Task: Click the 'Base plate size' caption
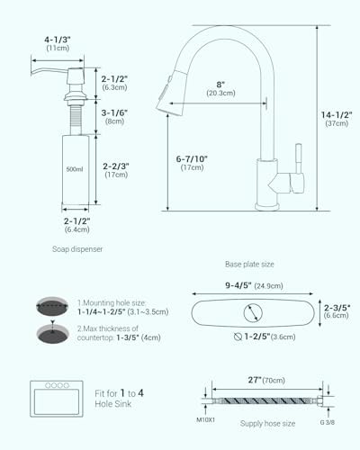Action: click(x=249, y=265)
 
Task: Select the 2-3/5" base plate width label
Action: click(x=337, y=310)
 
